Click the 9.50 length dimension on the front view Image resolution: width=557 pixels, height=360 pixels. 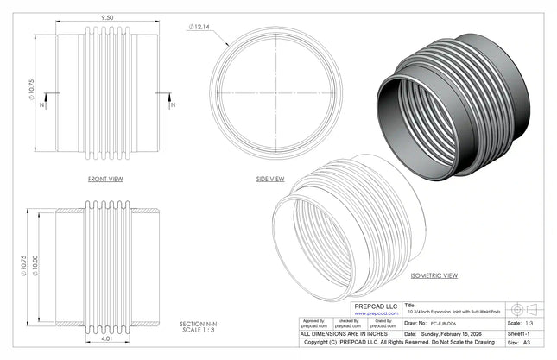(108, 16)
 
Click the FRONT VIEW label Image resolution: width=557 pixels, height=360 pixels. (104, 179)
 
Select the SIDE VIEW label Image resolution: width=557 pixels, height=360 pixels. (270, 180)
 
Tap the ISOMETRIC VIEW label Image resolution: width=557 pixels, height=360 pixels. (434, 275)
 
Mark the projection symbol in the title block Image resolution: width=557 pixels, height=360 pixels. (525, 308)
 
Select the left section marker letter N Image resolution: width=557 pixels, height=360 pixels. (43, 105)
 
